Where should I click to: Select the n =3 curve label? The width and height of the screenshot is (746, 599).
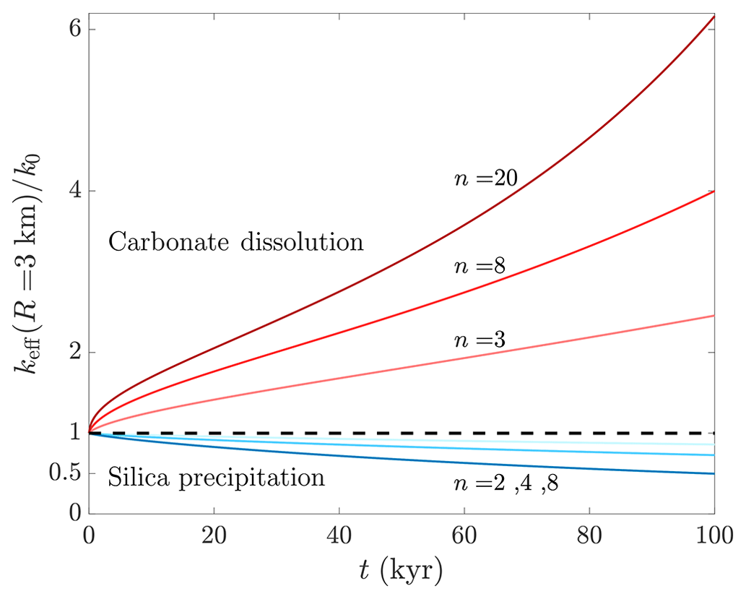point(479,340)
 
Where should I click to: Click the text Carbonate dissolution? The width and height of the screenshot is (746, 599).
point(235,241)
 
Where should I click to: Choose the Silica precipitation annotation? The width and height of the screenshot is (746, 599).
point(217,477)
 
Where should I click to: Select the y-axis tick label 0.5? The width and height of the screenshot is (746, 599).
point(64,474)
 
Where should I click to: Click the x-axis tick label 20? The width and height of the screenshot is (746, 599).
point(213,538)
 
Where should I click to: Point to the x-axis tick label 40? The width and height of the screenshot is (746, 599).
point(339,538)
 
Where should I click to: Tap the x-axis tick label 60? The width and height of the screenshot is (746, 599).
point(464,538)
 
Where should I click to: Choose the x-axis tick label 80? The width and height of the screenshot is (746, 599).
point(589,538)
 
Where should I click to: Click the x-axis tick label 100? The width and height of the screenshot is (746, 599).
point(712,538)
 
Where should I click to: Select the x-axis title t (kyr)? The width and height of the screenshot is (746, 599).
point(401,573)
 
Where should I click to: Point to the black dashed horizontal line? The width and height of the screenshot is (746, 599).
point(404,433)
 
